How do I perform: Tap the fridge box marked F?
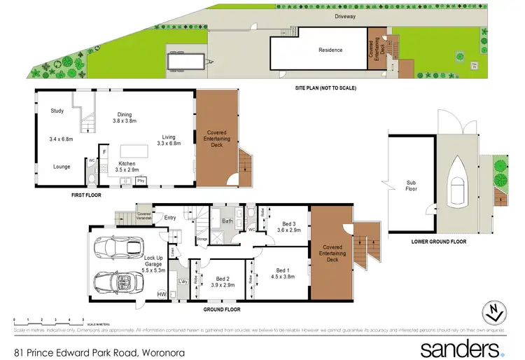coord(104,151)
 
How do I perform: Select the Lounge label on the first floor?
coord(61,167)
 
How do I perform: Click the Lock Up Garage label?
coord(153,262)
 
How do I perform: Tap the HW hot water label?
coord(162,294)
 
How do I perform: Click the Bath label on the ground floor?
coord(227,221)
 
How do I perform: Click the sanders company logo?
coord(460,348)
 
